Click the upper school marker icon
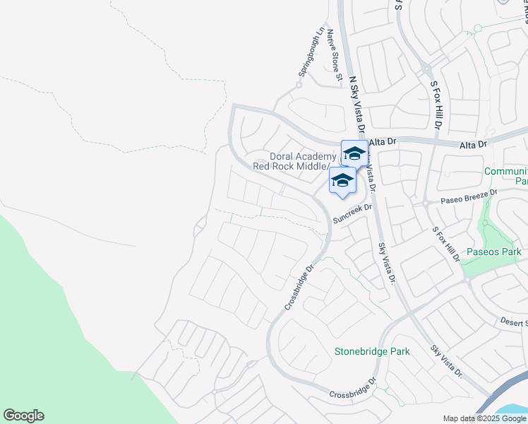click(354, 153)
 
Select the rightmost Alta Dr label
click(473, 145)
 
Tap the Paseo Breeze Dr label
click(469, 196)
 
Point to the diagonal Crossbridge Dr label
click(299, 287)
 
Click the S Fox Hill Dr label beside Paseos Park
click(446, 245)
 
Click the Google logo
click(23, 416)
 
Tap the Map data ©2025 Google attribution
click(484, 418)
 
